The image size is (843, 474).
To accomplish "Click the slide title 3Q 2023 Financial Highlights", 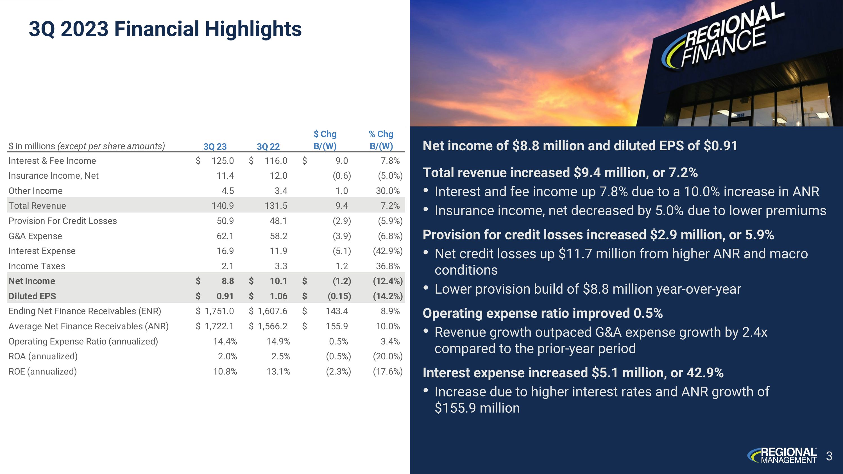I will [165, 29].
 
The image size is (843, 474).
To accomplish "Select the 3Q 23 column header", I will [215, 147].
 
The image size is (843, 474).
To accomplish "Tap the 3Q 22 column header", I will [268, 147].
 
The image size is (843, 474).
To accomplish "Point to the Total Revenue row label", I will [37, 206].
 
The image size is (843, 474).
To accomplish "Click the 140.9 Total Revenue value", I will [223, 206].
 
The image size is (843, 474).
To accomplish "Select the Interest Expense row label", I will [42, 251].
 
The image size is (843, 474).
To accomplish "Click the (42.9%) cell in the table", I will [387, 251].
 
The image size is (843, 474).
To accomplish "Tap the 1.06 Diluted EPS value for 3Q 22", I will [278, 296].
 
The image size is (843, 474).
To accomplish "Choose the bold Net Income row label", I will [32, 281].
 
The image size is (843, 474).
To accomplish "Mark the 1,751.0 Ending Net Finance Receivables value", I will [219, 311].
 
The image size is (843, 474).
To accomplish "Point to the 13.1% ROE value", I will [278, 372].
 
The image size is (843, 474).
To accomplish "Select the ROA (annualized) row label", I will [43, 356].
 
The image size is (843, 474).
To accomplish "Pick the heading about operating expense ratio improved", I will [543, 313].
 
